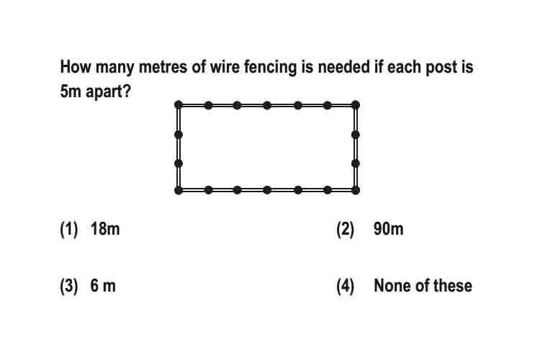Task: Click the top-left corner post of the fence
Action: pos(179,104)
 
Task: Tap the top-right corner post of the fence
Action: pos(356,104)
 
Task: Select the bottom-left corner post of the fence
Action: pos(179,190)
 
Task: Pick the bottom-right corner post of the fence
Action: pos(356,190)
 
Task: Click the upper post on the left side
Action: pos(179,135)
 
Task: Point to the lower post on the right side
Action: pos(356,163)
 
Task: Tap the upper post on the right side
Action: pos(356,135)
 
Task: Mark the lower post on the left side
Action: pos(179,163)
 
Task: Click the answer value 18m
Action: pos(105,229)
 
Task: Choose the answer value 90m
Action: pos(389,229)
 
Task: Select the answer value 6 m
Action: pos(103,286)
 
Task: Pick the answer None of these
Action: pos(423,286)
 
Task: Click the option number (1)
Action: pos(69,230)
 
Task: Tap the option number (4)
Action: pos(345,287)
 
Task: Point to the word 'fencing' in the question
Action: pos(270,67)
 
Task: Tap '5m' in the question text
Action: pos(71,91)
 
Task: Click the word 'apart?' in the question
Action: pos(108,92)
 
